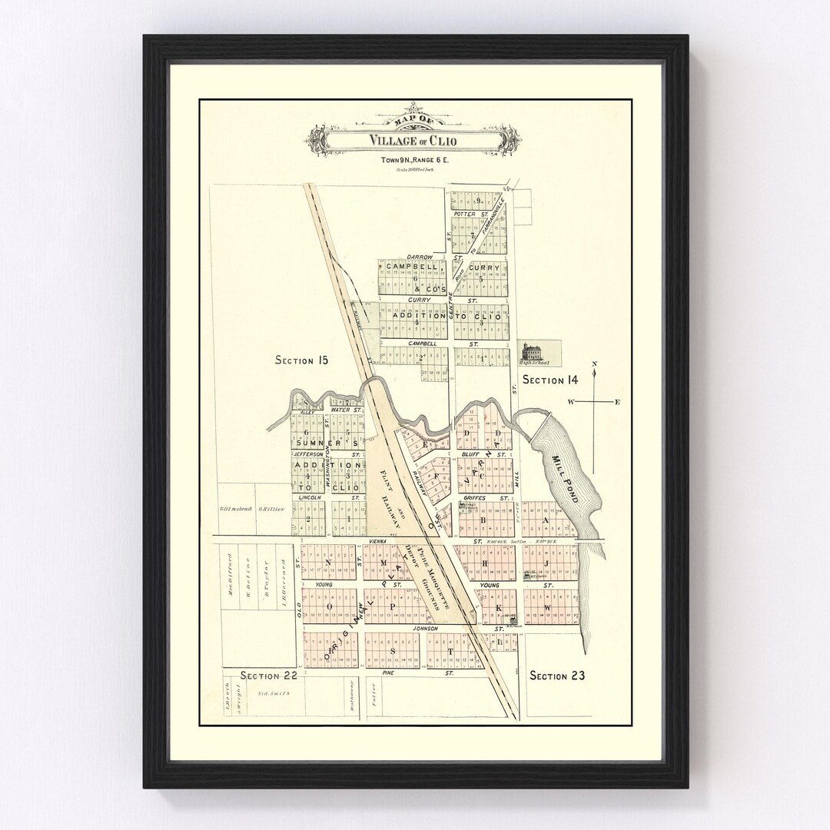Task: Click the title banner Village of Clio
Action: click(x=415, y=140)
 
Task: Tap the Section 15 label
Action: click(x=302, y=360)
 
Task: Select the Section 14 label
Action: click(x=549, y=380)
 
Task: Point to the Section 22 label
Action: click(x=269, y=676)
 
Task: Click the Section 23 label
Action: click(x=557, y=676)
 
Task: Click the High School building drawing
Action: click(x=532, y=354)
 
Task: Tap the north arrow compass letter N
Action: click(x=594, y=364)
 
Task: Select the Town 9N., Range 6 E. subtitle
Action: click(x=415, y=161)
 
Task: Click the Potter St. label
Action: click(x=471, y=214)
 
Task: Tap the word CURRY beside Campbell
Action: click(x=484, y=267)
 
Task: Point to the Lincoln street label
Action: click(x=310, y=498)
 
